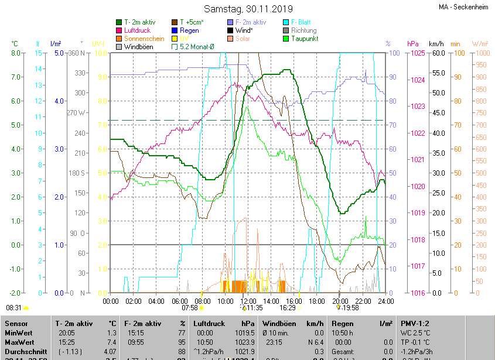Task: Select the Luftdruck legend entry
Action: coord(138,30)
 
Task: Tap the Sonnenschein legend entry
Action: coord(144,38)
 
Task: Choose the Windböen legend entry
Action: coord(138,46)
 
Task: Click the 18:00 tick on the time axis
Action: coord(317,301)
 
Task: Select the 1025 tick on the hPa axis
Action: coord(418,53)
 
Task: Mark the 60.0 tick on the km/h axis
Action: coord(438,53)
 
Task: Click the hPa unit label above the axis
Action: coord(413,44)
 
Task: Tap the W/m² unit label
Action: coord(480,44)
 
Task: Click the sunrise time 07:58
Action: coord(190,307)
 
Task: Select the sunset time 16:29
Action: coord(288,307)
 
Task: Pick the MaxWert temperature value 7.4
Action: coord(112,342)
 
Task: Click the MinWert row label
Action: coord(19,332)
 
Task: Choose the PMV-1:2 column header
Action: coord(415,323)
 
